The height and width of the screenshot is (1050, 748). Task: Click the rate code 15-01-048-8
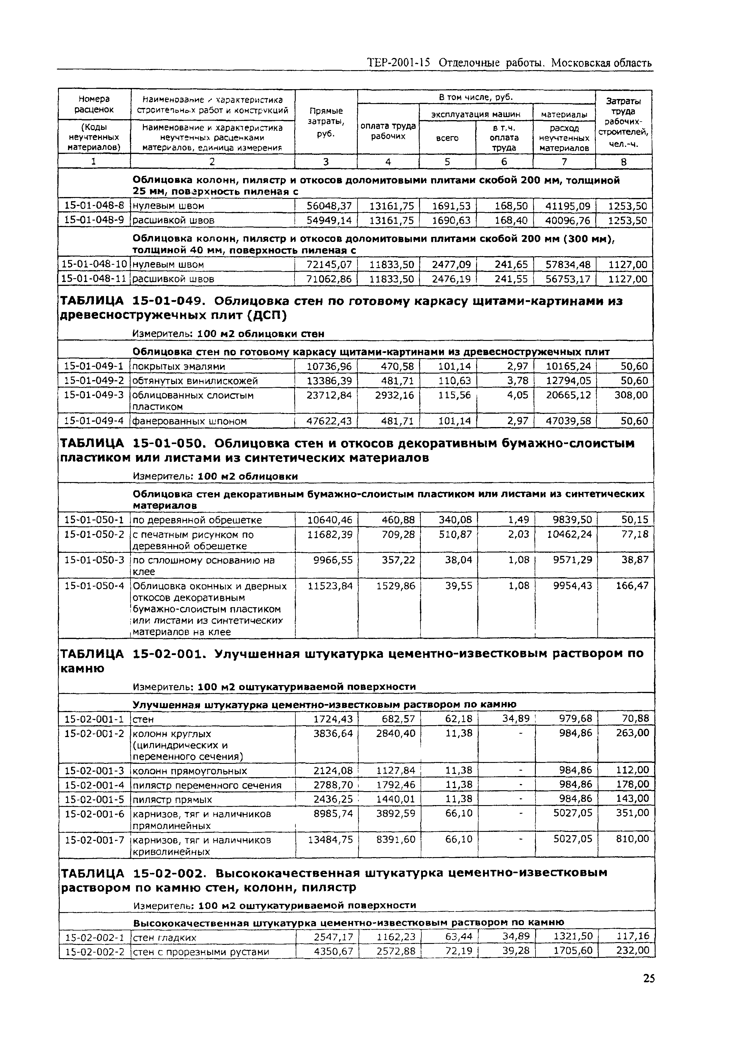click(x=94, y=206)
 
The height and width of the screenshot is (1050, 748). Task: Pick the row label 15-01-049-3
click(x=94, y=395)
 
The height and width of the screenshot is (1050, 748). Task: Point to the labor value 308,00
click(x=631, y=395)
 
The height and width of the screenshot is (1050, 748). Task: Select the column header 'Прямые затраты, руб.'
click(x=326, y=122)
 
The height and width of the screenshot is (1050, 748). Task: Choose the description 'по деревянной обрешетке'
click(x=197, y=520)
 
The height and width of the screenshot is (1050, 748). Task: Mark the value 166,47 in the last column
click(x=632, y=586)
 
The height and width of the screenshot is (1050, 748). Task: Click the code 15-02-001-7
click(x=95, y=840)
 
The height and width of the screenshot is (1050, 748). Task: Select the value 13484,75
click(x=330, y=840)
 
